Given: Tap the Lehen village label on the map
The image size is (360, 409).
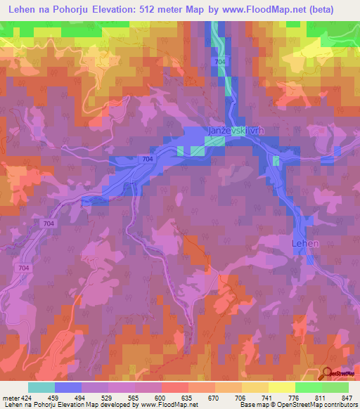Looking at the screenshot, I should click(x=305, y=243).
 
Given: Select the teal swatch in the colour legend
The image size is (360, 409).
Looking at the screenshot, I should click(x=41, y=388).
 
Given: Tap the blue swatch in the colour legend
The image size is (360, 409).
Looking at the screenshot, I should click(x=68, y=388).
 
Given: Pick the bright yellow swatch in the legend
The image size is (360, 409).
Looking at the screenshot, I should click(x=282, y=388).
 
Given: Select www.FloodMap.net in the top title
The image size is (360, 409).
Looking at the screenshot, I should click(x=268, y=9).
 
